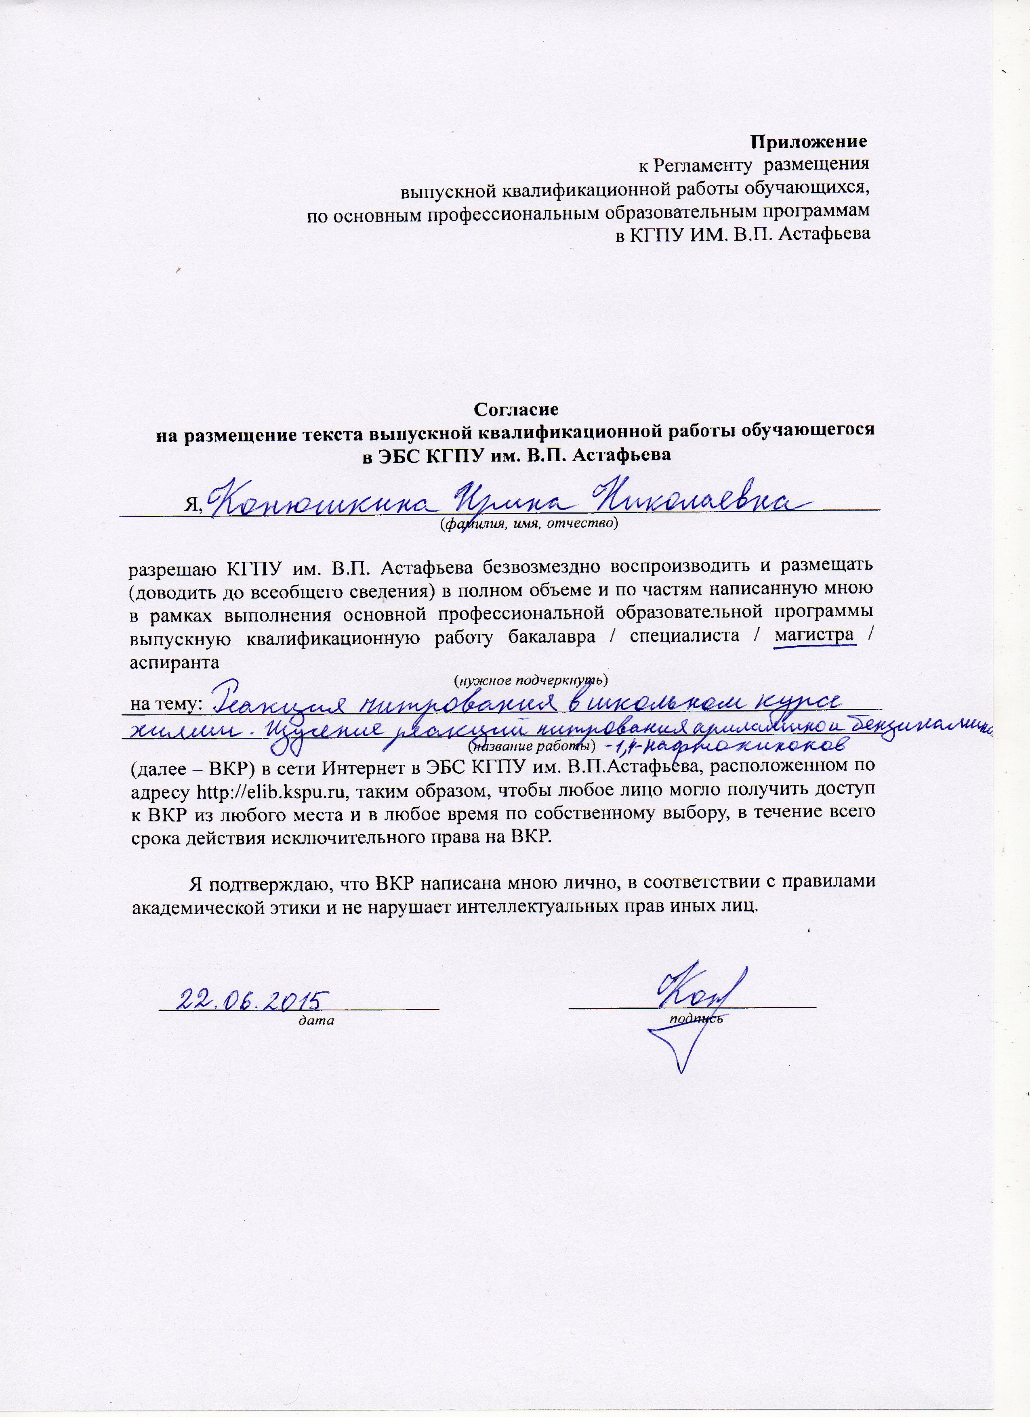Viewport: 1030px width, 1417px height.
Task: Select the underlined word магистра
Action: tap(814, 635)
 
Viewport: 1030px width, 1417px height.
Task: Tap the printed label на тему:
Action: tap(165, 704)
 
